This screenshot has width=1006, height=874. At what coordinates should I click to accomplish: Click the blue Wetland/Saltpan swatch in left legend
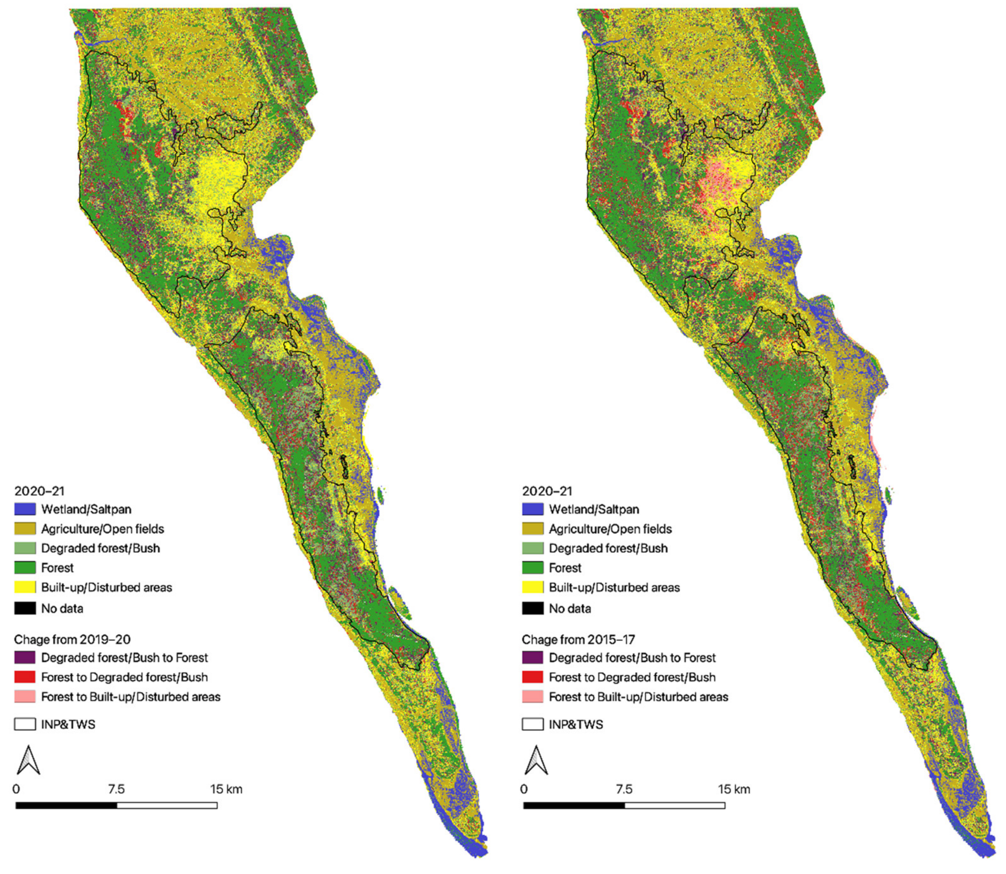coord(25,509)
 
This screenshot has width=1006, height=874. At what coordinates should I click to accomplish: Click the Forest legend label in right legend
coord(565,568)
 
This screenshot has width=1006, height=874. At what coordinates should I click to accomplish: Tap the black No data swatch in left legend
coord(25,608)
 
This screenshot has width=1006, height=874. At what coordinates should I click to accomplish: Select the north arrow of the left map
coord(28,760)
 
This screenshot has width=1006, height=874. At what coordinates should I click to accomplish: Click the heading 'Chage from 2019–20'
coord(72,639)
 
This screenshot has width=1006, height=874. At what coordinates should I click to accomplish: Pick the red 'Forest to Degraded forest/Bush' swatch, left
coord(25,677)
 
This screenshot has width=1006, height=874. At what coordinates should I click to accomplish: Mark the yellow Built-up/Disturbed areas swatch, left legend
coord(25,587)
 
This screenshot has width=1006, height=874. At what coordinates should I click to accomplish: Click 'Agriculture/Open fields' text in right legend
coord(610,529)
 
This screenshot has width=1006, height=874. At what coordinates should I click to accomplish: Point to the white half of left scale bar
coord(167,805)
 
